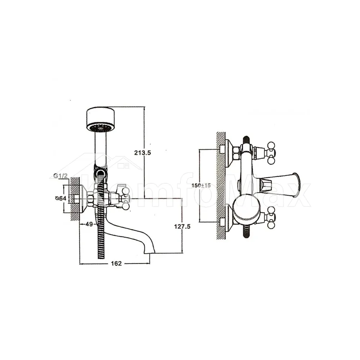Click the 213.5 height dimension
(143, 153)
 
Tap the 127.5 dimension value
(182, 226)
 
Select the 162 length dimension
(116, 264)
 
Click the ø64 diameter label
(61, 198)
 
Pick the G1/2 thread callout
(60, 176)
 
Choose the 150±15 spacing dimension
(201, 185)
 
